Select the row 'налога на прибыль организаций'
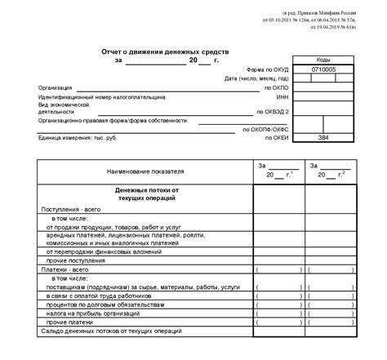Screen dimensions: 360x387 (x=100, y=313)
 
